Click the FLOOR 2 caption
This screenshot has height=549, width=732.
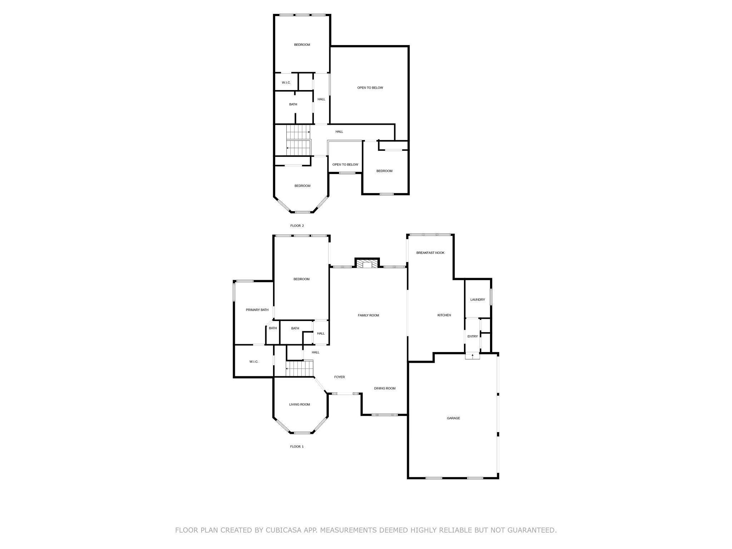point(297,226)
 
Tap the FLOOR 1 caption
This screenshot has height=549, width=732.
point(297,447)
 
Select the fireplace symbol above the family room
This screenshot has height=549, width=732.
point(367,263)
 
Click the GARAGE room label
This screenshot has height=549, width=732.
point(453,418)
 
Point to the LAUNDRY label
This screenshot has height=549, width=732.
point(478,300)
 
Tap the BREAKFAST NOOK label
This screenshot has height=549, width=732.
point(430,253)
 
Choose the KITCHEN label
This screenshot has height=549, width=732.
point(444,315)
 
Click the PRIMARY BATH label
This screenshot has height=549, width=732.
point(257,310)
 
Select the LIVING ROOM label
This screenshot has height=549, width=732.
point(300,405)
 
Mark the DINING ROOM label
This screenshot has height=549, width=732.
point(385,389)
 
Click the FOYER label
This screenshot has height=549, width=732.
point(340,377)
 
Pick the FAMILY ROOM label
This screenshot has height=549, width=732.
point(369,315)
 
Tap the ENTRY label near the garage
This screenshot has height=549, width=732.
point(473,336)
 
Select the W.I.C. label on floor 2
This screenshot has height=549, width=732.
point(286,83)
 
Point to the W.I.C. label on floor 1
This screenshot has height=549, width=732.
point(254,362)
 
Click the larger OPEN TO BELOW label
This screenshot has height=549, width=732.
point(370,88)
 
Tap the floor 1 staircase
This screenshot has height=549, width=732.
point(300,369)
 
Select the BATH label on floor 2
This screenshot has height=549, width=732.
point(293,104)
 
